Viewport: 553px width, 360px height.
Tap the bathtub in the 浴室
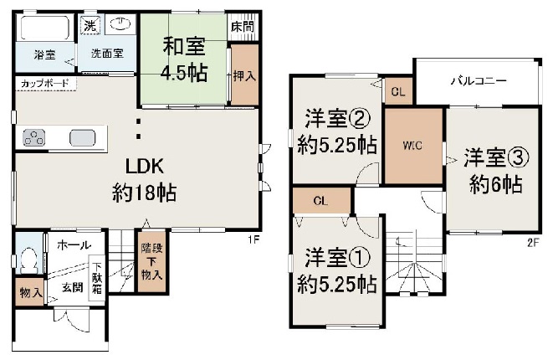(44, 28)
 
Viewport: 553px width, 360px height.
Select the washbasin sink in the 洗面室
(120, 24)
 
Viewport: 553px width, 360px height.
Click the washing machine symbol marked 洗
(90, 25)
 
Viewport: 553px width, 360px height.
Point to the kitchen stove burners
(33, 137)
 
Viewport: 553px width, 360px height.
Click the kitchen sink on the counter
(83, 137)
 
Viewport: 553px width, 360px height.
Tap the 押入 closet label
(244, 76)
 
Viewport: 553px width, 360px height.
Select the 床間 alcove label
(243, 27)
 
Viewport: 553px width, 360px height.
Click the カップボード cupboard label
(45, 84)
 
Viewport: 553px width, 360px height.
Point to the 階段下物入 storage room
(152, 261)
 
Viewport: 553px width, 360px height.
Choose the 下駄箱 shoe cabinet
(97, 278)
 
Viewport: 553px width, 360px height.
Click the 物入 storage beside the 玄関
(29, 292)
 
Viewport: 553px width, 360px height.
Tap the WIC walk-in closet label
(412, 146)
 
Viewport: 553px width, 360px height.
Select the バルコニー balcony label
(479, 81)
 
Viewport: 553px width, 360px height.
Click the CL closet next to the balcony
(398, 92)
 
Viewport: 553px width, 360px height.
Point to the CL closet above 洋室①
(321, 201)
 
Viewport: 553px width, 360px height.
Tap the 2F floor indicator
(533, 243)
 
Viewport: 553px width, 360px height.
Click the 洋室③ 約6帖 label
(496, 171)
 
